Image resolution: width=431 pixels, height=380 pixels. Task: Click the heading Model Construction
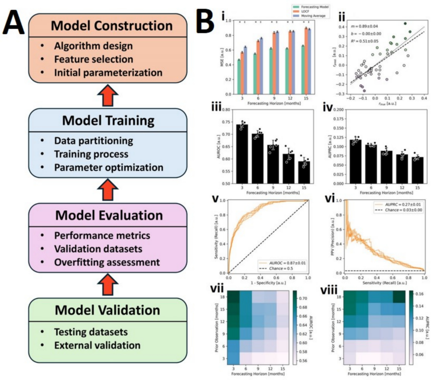(111, 26)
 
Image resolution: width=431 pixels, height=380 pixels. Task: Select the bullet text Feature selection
(93, 59)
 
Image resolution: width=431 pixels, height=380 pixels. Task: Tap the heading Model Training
(108, 120)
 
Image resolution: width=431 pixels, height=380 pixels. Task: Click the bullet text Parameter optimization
(108, 168)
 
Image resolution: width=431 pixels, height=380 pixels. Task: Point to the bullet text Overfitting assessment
(107, 262)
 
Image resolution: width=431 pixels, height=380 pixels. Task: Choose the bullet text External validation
(97, 345)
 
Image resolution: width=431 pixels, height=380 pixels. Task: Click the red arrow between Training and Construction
(108, 96)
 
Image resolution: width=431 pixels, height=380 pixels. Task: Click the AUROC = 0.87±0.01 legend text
(287, 263)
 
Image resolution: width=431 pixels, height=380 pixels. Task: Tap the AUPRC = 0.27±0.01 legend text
(403, 204)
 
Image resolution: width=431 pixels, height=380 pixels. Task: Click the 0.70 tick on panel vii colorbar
(303, 298)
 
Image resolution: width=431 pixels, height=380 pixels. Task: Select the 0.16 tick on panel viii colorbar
(419, 294)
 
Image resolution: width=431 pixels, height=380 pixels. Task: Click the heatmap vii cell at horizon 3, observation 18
(234, 297)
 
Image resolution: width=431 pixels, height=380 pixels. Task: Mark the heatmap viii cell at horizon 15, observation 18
(398, 297)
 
